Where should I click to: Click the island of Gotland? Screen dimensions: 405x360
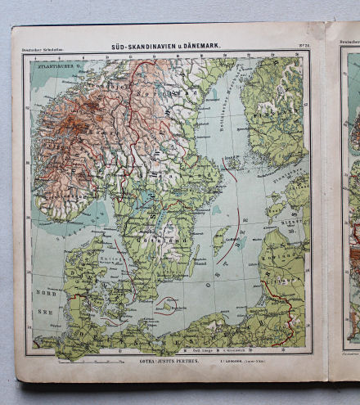click(219, 241)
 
